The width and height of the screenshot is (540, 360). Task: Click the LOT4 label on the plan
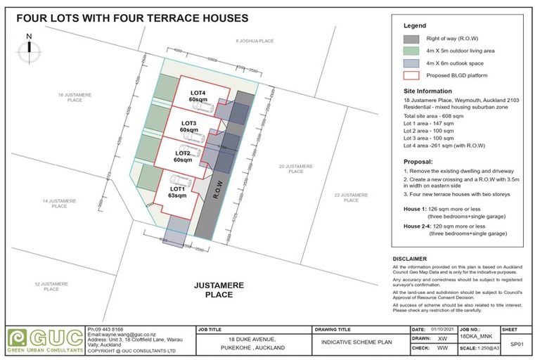pyautogui.click(x=198, y=93)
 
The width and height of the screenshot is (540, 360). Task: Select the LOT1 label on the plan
pyautogui.click(x=178, y=190)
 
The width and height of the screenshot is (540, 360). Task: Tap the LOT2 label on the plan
pyautogui.click(x=183, y=153)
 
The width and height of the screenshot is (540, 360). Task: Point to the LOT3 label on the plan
pyautogui.click(x=188, y=123)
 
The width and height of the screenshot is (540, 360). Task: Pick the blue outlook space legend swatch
pyautogui.click(x=411, y=63)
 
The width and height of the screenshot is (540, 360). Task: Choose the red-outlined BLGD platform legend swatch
pyautogui.click(x=411, y=75)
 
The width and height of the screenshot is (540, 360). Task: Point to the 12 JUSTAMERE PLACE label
pyautogui.click(x=50, y=287)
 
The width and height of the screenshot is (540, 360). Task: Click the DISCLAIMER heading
pyautogui.click(x=411, y=259)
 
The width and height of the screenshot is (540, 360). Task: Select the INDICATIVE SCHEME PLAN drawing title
pyautogui.click(x=356, y=342)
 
